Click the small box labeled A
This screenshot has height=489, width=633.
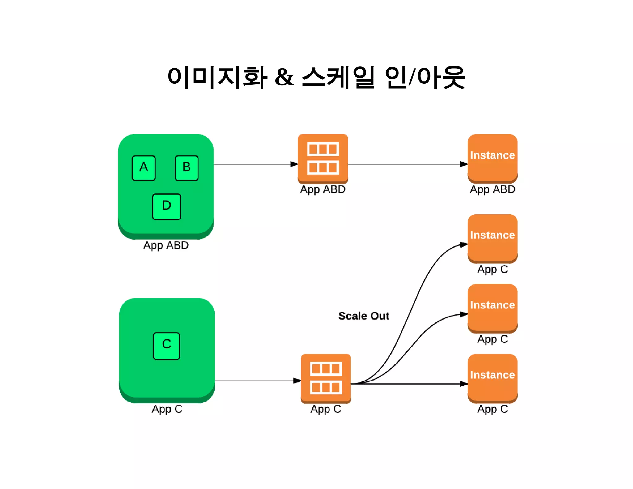point(143,168)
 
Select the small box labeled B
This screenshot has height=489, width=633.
point(186,168)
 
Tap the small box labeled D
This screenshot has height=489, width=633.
point(166,206)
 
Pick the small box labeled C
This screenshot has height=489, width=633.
point(166,346)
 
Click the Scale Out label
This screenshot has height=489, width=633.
point(363,316)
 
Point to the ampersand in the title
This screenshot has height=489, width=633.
point(284,77)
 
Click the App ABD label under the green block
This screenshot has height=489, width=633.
point(166,245)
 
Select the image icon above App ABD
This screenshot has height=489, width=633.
point(323,158)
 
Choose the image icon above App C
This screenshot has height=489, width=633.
point(326,378)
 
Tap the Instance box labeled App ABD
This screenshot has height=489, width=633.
point(492,158)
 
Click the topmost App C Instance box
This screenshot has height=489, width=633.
point(492,238)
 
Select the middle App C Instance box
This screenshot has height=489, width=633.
point(492,308)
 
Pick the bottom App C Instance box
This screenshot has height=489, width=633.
point(492,378)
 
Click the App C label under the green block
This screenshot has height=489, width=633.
point(167,409)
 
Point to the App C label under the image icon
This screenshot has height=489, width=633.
point(326,409)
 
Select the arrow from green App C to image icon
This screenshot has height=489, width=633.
point(257,381)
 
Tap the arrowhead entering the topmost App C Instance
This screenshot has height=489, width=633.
point(464,245)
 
